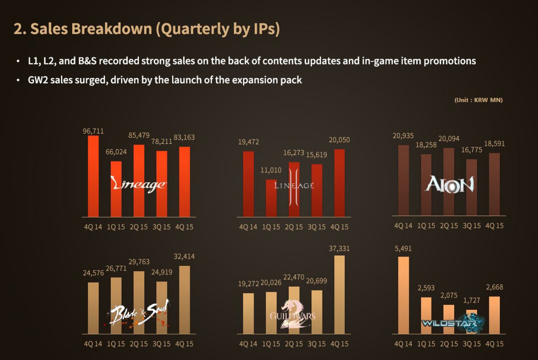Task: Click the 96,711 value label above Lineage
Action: click(93, 131)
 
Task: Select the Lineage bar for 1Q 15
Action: click(116, 189)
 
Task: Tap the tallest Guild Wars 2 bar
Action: click(339, 295)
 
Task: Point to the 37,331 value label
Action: click(339, 248)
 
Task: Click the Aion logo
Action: click(450, 184)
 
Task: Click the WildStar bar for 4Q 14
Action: click(403, 295)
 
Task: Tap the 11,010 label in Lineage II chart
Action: click(271, 170)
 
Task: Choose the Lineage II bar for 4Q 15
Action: click(339, 183)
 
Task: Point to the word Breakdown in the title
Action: click(112, 29)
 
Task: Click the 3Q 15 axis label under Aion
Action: click(472, 226)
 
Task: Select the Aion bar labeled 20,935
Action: click(403, 180)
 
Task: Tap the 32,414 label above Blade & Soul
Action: click(184, 256)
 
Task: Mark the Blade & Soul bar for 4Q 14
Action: click(93, 308)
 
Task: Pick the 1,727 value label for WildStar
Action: click(472, 300)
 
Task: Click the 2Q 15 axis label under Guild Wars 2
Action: click(294, 344)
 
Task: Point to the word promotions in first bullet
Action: click(450, 61)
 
